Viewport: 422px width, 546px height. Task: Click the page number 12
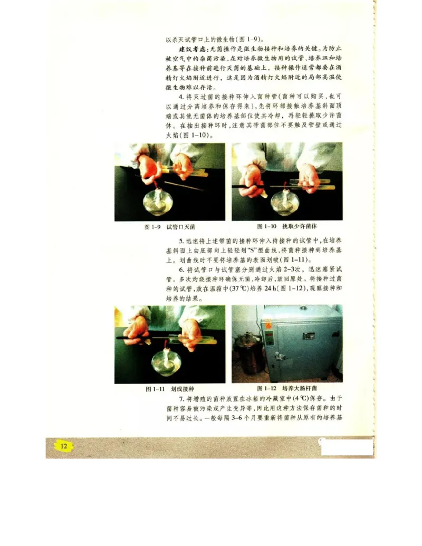64,446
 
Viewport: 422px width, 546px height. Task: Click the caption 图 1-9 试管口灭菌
170,227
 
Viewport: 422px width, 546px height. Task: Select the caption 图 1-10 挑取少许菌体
287,227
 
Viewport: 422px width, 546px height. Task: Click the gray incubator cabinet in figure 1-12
301,346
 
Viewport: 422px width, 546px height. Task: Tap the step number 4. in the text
181,97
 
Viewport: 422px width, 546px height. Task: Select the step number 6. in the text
181,269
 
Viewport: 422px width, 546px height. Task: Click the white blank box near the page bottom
347,447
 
